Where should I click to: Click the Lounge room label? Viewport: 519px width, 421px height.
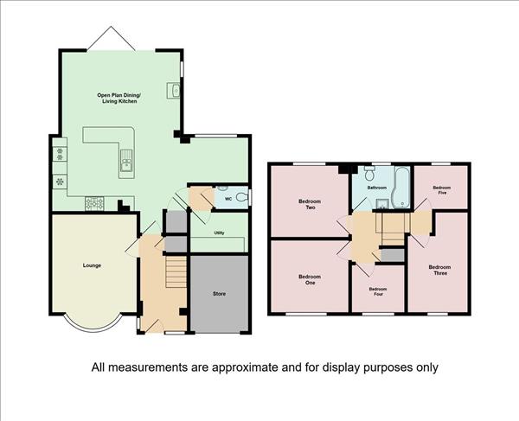point(92,265)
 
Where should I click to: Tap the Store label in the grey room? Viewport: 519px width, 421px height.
point(219,294)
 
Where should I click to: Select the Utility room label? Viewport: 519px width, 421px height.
point(219,233)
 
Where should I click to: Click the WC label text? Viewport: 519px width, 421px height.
point(228,199)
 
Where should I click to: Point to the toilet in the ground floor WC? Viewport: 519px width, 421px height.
point(242,197)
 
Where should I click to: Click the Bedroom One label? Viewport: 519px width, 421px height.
point(310,280)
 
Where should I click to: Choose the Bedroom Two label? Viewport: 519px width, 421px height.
point(310,204)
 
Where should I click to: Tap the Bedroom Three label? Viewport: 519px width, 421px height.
point(440,270)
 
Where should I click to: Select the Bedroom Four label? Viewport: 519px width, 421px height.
point(378,291)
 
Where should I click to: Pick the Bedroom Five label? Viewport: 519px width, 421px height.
point(442,190)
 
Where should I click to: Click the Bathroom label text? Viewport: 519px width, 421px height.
point(377,188)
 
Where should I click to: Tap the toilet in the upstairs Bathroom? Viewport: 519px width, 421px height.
point(369,173)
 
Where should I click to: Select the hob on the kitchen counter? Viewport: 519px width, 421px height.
point(94,203)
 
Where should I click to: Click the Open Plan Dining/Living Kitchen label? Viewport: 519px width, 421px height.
point(119,99)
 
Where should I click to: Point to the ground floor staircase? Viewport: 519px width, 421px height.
point(176,271)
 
